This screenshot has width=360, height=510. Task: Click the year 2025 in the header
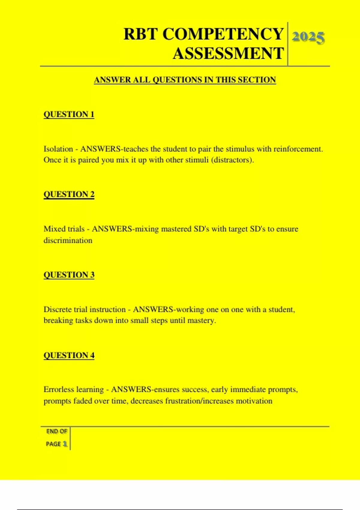[x=308, y=37]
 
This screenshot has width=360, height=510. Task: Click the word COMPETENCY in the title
[x=223, y=34]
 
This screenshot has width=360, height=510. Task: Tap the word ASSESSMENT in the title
[x=228, y=53]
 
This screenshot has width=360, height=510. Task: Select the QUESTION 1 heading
[x=69, y=114]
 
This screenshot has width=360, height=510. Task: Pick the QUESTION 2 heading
[x=69, y=194]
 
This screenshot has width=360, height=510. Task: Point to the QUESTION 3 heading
[x=69, y=275]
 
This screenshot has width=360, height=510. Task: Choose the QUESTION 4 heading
[x=69, y=355]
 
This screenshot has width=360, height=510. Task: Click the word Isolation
[x=58, y=149]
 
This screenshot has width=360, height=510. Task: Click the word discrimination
[x=68, y=240]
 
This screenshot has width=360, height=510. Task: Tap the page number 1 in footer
[x=65, y=444]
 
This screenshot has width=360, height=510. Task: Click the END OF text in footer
[x=56, y=431]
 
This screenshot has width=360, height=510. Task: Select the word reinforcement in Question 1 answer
[x=298, y=149]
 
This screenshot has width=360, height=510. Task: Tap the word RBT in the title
[x=140, y=34]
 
